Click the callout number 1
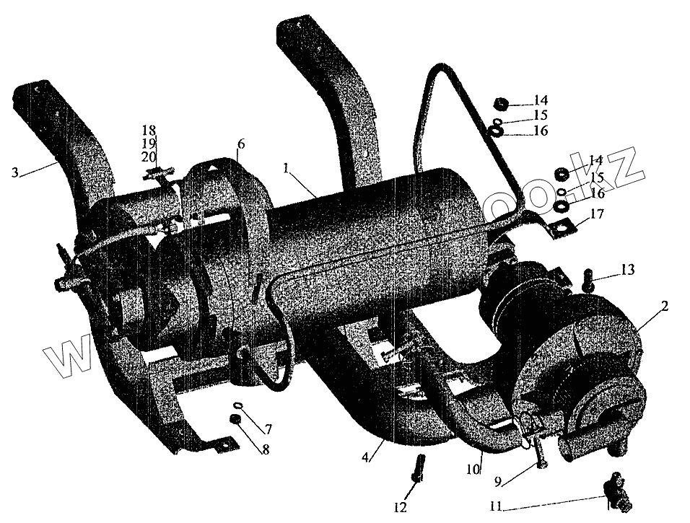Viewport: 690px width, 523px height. pos(287,168)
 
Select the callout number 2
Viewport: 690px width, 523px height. pos(665,306)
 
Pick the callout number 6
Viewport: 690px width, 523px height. pos(241,144)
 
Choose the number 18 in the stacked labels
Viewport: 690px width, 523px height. pos(149,131)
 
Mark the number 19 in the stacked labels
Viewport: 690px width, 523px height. pos(149,144)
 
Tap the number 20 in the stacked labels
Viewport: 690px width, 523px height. pos(149,157)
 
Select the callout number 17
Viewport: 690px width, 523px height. pos(596,214)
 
